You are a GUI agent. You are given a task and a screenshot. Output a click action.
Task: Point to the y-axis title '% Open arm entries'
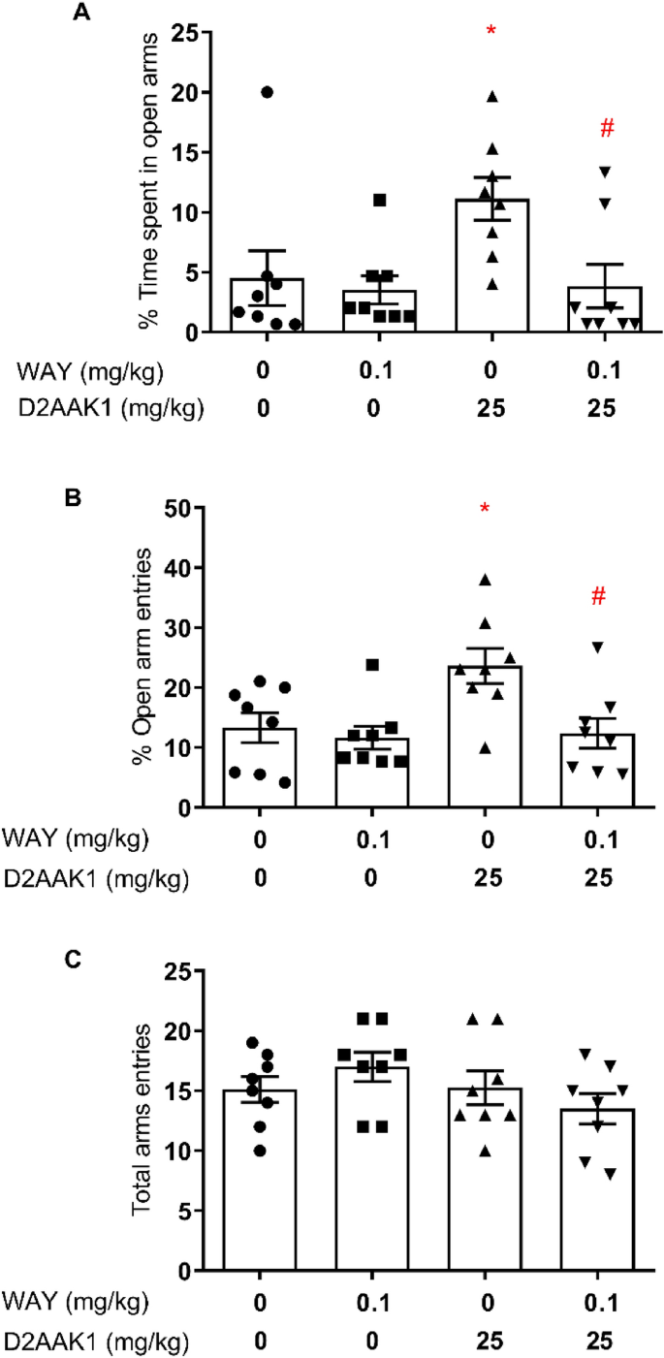tap(145, 657)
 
